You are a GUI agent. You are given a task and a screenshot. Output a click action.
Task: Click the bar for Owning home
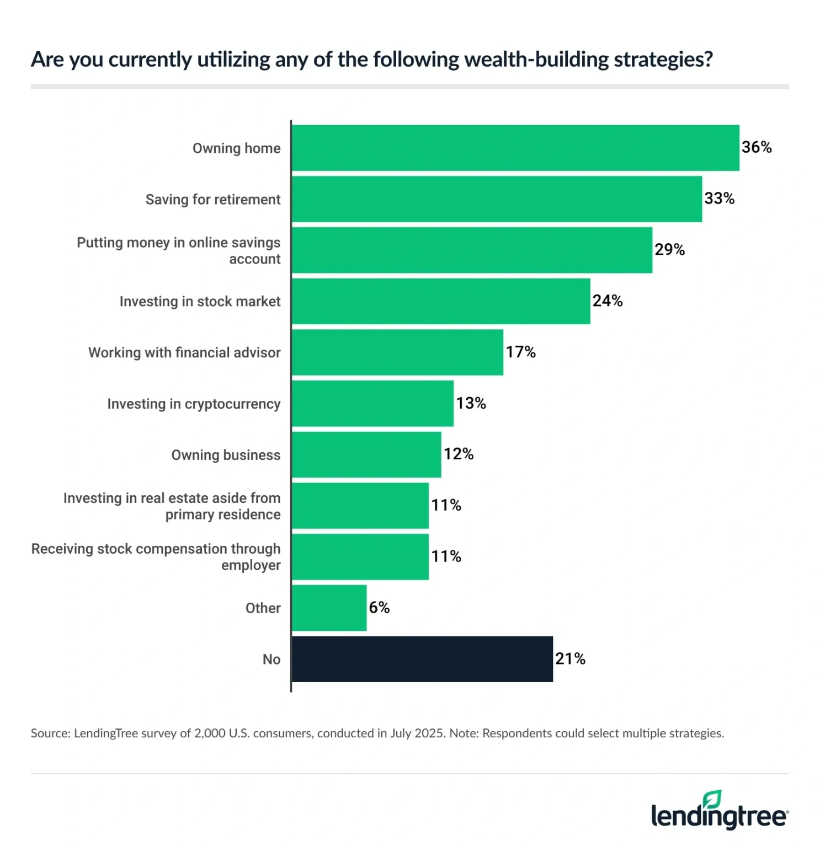[515, 148]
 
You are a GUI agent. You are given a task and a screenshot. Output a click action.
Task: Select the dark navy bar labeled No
[422, 659]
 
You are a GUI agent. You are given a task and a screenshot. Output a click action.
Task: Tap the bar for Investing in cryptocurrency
[372, 404]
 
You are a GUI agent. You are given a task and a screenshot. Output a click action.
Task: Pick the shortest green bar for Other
[329, 608]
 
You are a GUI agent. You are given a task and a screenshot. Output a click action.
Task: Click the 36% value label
[757, 147]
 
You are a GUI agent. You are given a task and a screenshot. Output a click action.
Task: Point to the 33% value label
[719, 199]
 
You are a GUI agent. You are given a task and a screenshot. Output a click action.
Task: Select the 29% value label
[669, 250]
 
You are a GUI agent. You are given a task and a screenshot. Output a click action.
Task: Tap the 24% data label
[608, 301]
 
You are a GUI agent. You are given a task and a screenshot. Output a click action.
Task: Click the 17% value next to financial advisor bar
[520, 352]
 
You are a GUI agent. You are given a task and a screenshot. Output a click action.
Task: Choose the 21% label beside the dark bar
[570, 658]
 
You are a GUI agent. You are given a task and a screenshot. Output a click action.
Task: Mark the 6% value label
[379, 608]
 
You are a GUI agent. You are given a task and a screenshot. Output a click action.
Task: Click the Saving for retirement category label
[213, 200]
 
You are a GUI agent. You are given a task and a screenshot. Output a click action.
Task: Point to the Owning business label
[226, 455]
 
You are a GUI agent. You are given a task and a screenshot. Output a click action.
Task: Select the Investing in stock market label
[200, 302]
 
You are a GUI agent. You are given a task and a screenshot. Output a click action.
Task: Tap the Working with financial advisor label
[184, 353]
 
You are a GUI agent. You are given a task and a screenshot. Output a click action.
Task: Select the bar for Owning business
[366, 455]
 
